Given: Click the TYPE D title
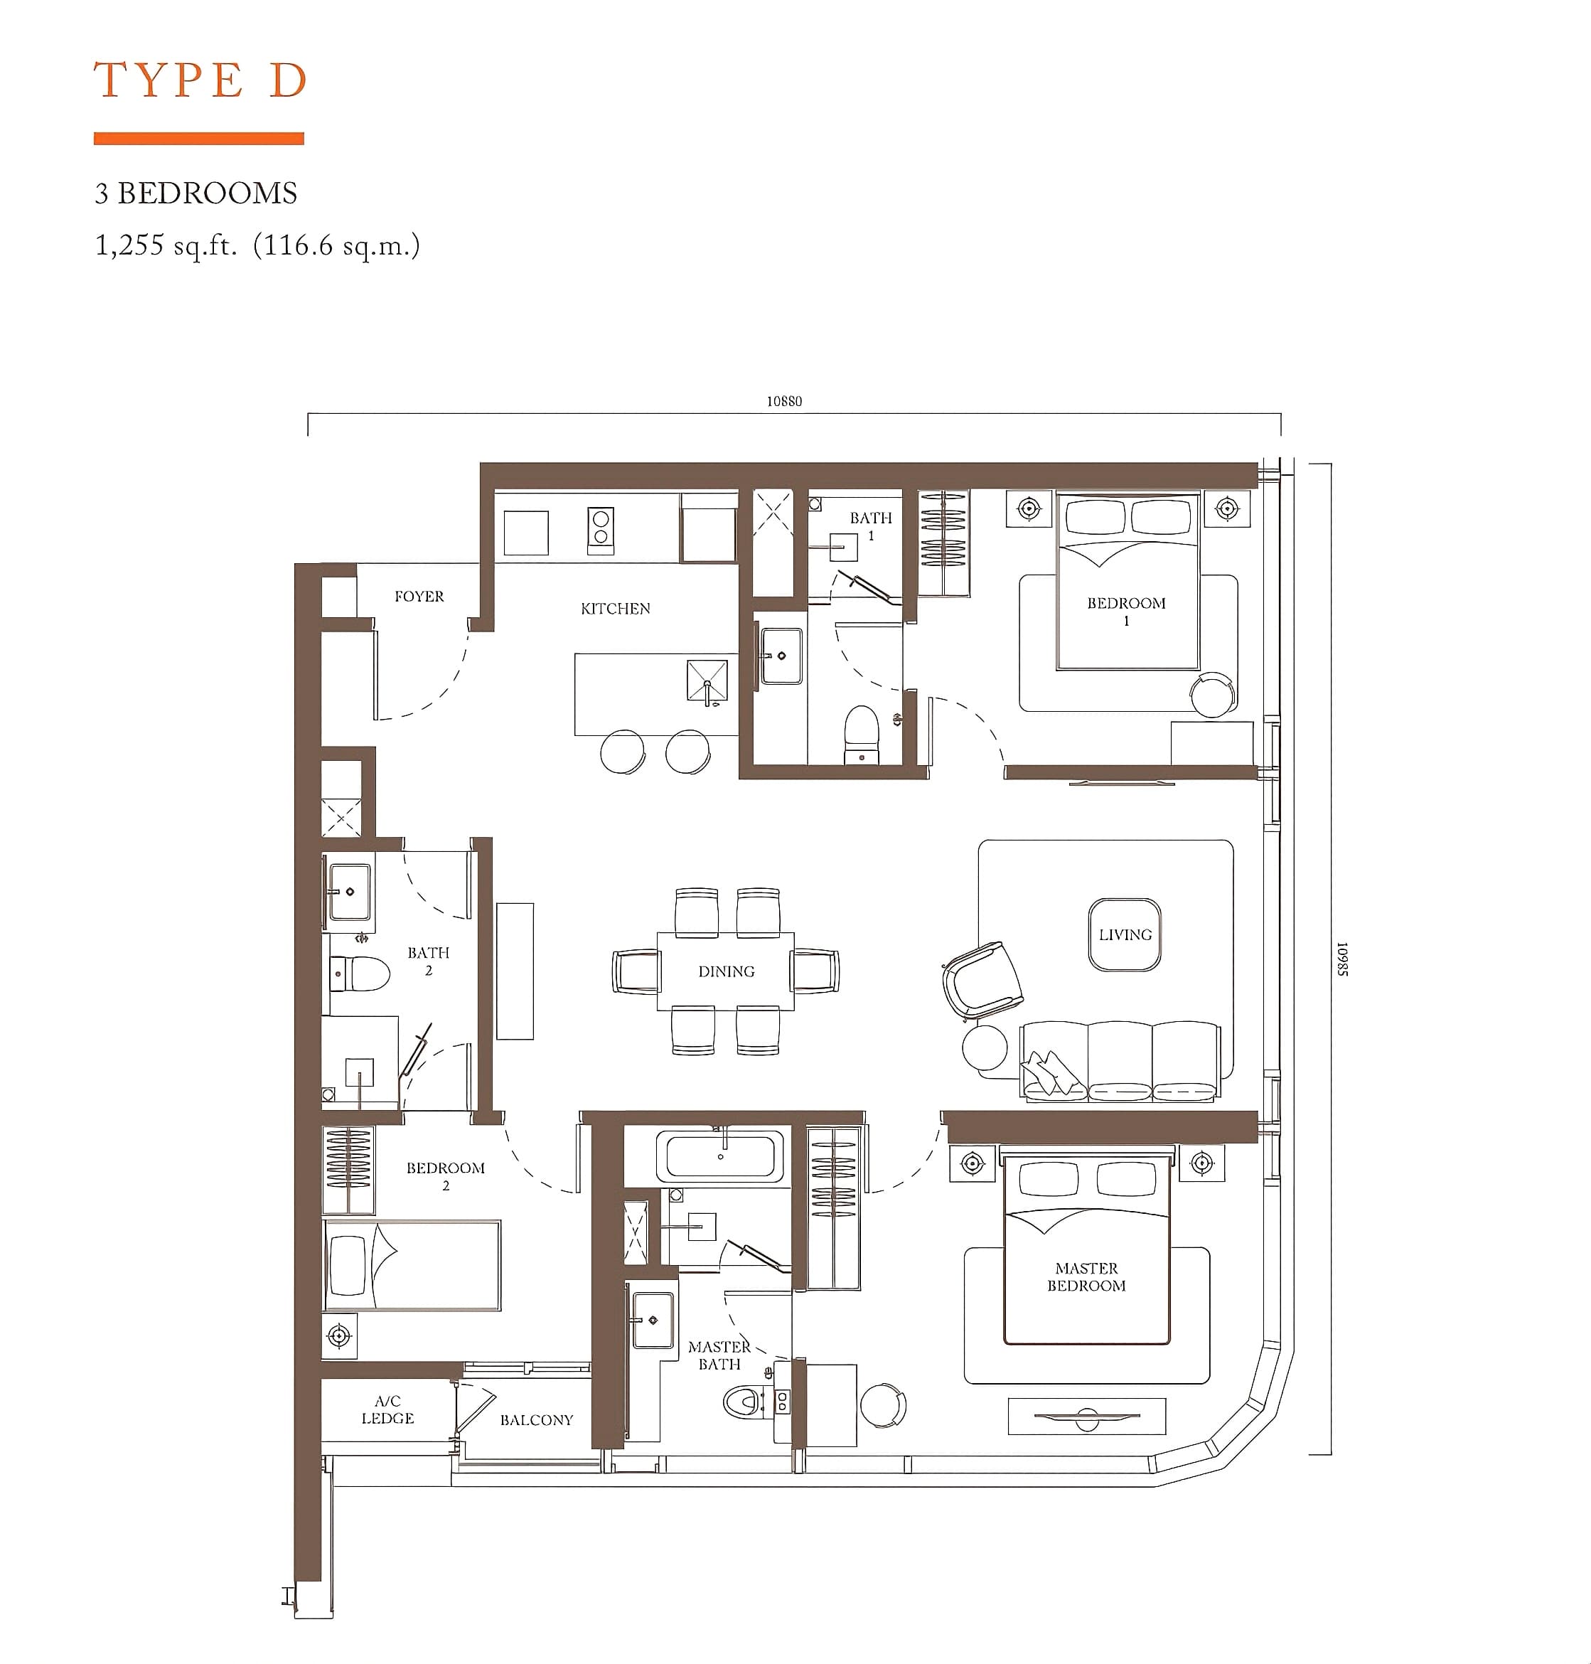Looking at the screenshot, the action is [200, 80].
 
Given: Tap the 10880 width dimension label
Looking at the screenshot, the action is [783, 401].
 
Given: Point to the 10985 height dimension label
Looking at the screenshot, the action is [1342, 959].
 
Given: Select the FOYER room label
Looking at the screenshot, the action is [419, 596].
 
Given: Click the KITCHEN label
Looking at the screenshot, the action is [616, 608].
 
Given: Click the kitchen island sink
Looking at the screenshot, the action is [707, 681].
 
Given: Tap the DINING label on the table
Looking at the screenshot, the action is [726, 971].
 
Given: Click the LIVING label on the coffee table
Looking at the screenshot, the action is [1125, 934].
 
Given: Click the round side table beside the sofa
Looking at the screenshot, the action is [985, 1047].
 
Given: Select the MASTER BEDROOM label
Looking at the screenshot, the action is [1086, 1276].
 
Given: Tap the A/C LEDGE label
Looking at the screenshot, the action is [387, 1409].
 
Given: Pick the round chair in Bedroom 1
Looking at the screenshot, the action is [1213, 695].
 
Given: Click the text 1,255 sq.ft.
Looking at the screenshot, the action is [166, 245].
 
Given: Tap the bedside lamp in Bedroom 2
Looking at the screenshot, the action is [339, 1337].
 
